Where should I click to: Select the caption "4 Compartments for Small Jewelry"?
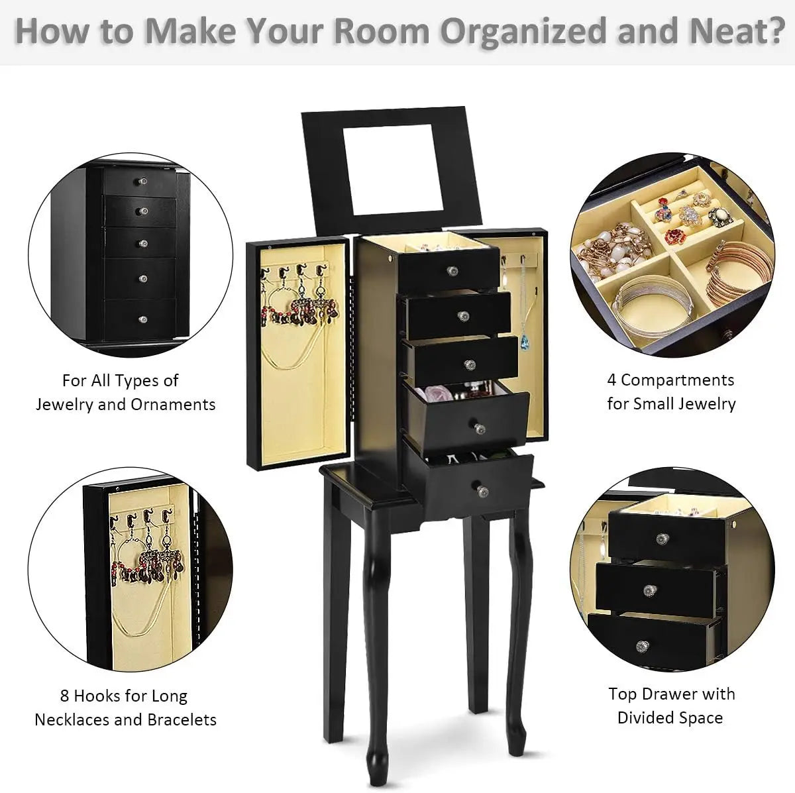(670, 392)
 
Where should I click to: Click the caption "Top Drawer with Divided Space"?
(670, 706)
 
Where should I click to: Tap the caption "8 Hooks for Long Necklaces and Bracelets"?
(125, 708)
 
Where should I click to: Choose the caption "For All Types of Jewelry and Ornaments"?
(125, 392)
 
